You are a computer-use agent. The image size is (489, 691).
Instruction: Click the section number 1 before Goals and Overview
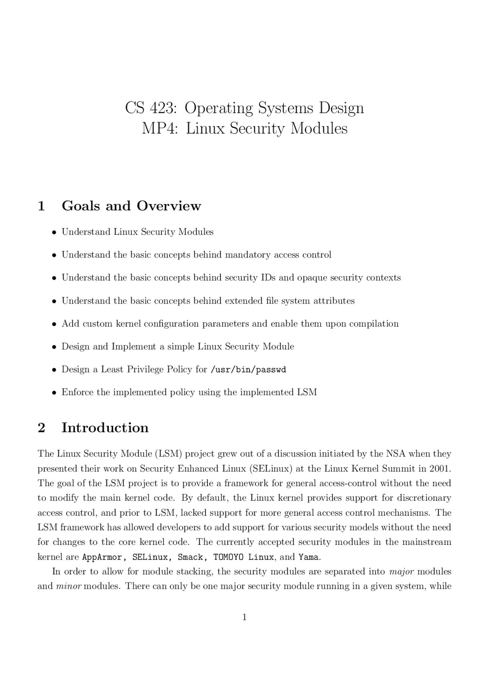(41, 206)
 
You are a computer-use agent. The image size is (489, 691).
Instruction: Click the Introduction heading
(105, 428)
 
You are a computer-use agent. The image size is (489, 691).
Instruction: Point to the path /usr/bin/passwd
(248, 370)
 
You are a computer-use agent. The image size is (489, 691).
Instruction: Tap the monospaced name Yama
(308, 557)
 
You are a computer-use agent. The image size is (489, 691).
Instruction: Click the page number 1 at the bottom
(244, 617)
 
